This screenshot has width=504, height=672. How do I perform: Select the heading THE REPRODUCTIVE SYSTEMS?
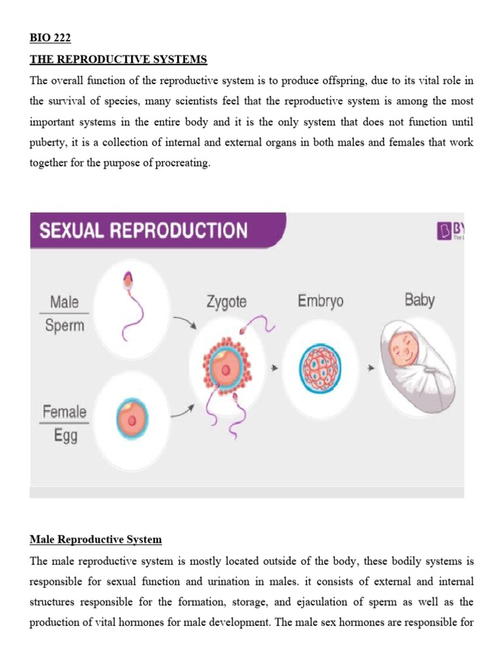118,60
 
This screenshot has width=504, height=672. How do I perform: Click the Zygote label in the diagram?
226,303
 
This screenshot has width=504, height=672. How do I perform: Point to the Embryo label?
320,301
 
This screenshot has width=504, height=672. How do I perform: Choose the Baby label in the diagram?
419,301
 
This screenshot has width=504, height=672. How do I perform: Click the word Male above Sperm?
64,302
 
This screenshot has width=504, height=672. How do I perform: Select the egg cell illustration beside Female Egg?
133,417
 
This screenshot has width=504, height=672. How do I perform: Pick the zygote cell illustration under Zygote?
225,370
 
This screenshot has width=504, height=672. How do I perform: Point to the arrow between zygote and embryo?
276,369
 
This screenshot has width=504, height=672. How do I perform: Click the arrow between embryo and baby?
371,369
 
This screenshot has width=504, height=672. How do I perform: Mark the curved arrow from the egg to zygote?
182,412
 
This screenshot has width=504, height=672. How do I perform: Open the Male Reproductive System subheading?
96,539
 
